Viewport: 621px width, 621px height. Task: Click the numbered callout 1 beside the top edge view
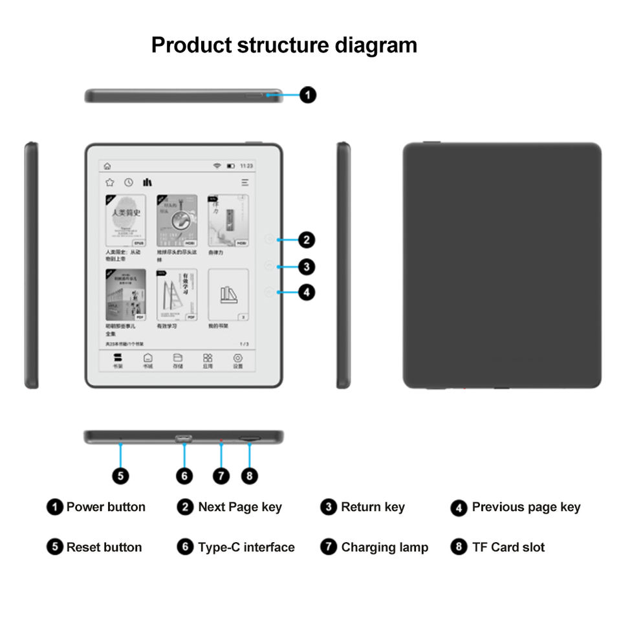pyautogui.click(x=309, y=95)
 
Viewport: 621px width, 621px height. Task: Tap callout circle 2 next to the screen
pyautogui.click(x=307, y=240)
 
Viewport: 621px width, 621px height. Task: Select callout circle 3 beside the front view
pyautogui.click(x=307, y=266)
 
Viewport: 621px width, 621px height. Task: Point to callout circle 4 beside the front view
pyautogui.click(x=307, y=292)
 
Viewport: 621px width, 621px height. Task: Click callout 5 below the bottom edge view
pyautogui.click(x=120, y=476)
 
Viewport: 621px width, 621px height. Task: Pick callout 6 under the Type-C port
pyautogui.click(x=184, y=476)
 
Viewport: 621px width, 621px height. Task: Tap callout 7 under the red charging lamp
pyautogui.click(x=221, y=476)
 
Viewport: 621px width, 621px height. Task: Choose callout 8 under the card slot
pyautogui.click(x=250, y=476)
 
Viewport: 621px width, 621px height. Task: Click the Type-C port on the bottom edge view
pyautogui.click(x=184, y=439)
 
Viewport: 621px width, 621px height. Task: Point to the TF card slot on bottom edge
pyautogui.click(x=250, y=439)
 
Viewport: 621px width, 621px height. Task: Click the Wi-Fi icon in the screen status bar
pyautogui.click(x=217, y=166)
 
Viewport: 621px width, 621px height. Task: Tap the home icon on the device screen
pyautogui.click(x=107, y=166)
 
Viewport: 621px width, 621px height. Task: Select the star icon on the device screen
pyautogui.click(x=110, y=182)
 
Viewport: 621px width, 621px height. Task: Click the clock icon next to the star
pyautogui.click(x=129, y=182)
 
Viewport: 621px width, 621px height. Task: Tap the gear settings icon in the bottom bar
pyautogui.click(x=237, y=358)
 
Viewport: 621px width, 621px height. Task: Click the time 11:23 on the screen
pyautogui.click(x=246, y=166)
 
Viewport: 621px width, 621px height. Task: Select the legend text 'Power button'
pyautogui.click(x=106, y=507)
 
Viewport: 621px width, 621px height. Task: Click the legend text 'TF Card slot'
pyautogui.click(x=508, y=547)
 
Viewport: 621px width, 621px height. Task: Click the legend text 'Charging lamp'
pyautogui.click(x=385, y=547)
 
